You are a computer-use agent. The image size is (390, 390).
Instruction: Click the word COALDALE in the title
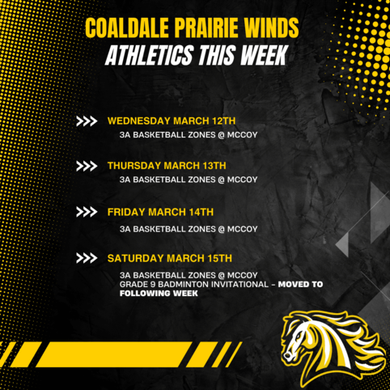[127, 28]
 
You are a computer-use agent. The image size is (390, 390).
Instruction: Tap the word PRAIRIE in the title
[206, 28]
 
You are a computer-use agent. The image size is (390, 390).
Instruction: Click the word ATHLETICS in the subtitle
[150, 55]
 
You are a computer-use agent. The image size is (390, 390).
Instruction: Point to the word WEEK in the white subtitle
[265, 55]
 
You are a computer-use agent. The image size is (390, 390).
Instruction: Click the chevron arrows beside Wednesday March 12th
[87, 121]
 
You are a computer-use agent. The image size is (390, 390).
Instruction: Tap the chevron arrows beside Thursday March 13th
[87, 166]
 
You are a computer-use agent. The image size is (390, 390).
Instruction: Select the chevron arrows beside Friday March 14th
[87, 212]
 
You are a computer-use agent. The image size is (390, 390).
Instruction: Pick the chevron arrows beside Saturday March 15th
[87, 258]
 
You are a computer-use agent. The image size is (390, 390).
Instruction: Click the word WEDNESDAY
[139, 121]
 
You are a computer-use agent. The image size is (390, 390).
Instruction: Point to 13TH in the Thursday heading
[214, 166]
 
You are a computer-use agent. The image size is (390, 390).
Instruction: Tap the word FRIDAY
[126, 212]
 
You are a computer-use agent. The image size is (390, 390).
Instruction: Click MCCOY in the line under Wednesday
[242, 135]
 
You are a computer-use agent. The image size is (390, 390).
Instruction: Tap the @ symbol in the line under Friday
[222, 229]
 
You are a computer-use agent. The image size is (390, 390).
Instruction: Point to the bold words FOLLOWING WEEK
[159, 293]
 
